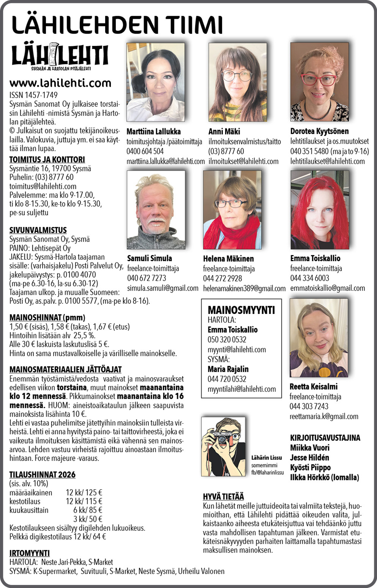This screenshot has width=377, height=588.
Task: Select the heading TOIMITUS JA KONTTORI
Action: click(47, 159)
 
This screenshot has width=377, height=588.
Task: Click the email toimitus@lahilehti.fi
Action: click(43, 186)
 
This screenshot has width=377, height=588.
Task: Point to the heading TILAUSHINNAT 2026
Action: click(42, 475)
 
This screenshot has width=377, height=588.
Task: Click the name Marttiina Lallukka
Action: click(153, 132)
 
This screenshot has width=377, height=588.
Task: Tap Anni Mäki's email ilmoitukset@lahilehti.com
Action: click(244, 161)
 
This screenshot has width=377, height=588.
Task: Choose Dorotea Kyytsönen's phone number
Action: click(309, 152)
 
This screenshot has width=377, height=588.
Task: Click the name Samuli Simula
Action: click(149, 259)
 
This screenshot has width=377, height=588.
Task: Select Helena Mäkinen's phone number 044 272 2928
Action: click(222, 279)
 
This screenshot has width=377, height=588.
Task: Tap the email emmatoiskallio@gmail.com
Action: click(327, 288)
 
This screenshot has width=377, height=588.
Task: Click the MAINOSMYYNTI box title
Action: click(241, 310)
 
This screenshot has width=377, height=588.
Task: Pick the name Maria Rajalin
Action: click(228, 369)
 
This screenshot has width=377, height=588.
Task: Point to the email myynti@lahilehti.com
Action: click(237, 349)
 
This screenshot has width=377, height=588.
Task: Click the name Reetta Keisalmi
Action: click(313, 387)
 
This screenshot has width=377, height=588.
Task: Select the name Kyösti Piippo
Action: click(310, 467)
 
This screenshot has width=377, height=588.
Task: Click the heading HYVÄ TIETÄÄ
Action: click(223, 496)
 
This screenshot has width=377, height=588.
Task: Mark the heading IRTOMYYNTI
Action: click(29, 553)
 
